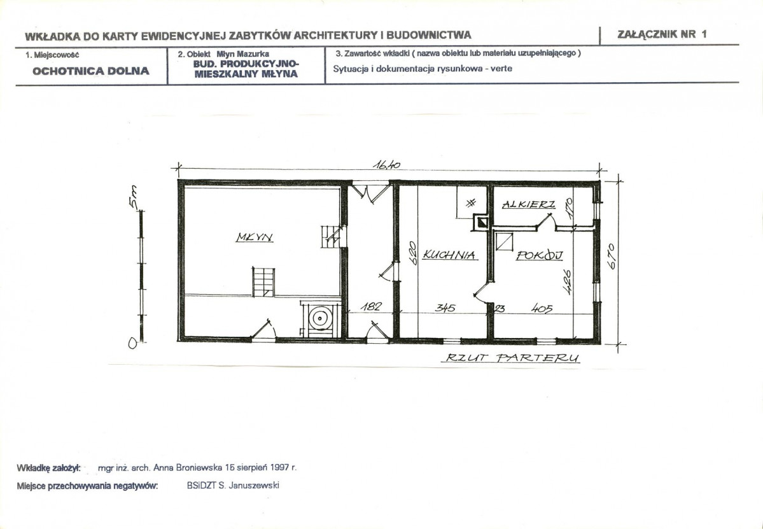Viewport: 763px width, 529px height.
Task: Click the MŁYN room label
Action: tap(255, 237)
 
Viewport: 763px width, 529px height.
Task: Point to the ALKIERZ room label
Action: tap(528, 204)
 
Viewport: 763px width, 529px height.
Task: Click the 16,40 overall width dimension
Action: tap(386, 165)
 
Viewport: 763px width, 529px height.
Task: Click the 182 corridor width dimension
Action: tap(370, 307)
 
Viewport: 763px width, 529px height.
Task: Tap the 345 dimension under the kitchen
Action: tap(445, 307)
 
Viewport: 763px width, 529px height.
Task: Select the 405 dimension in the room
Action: tap(542, 308)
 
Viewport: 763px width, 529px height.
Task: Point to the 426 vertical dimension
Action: tap(567, 282)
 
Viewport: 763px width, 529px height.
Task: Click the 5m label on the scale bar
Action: tap(134, 197)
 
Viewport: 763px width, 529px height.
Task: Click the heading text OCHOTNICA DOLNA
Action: tap(91, 71)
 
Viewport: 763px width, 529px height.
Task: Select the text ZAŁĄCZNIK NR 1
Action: tap(662, 34)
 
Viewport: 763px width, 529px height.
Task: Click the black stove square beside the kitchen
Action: tap(481, 222)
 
